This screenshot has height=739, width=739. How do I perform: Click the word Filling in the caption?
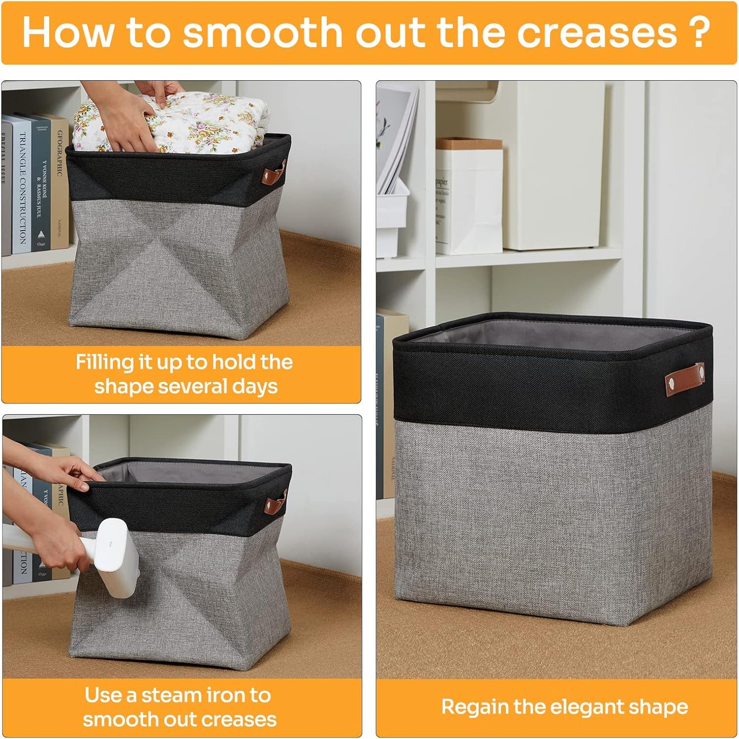pyautogui.click(x=105, y=362)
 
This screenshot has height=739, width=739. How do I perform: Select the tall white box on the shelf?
pyautogui.click(x=554, y=164)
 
